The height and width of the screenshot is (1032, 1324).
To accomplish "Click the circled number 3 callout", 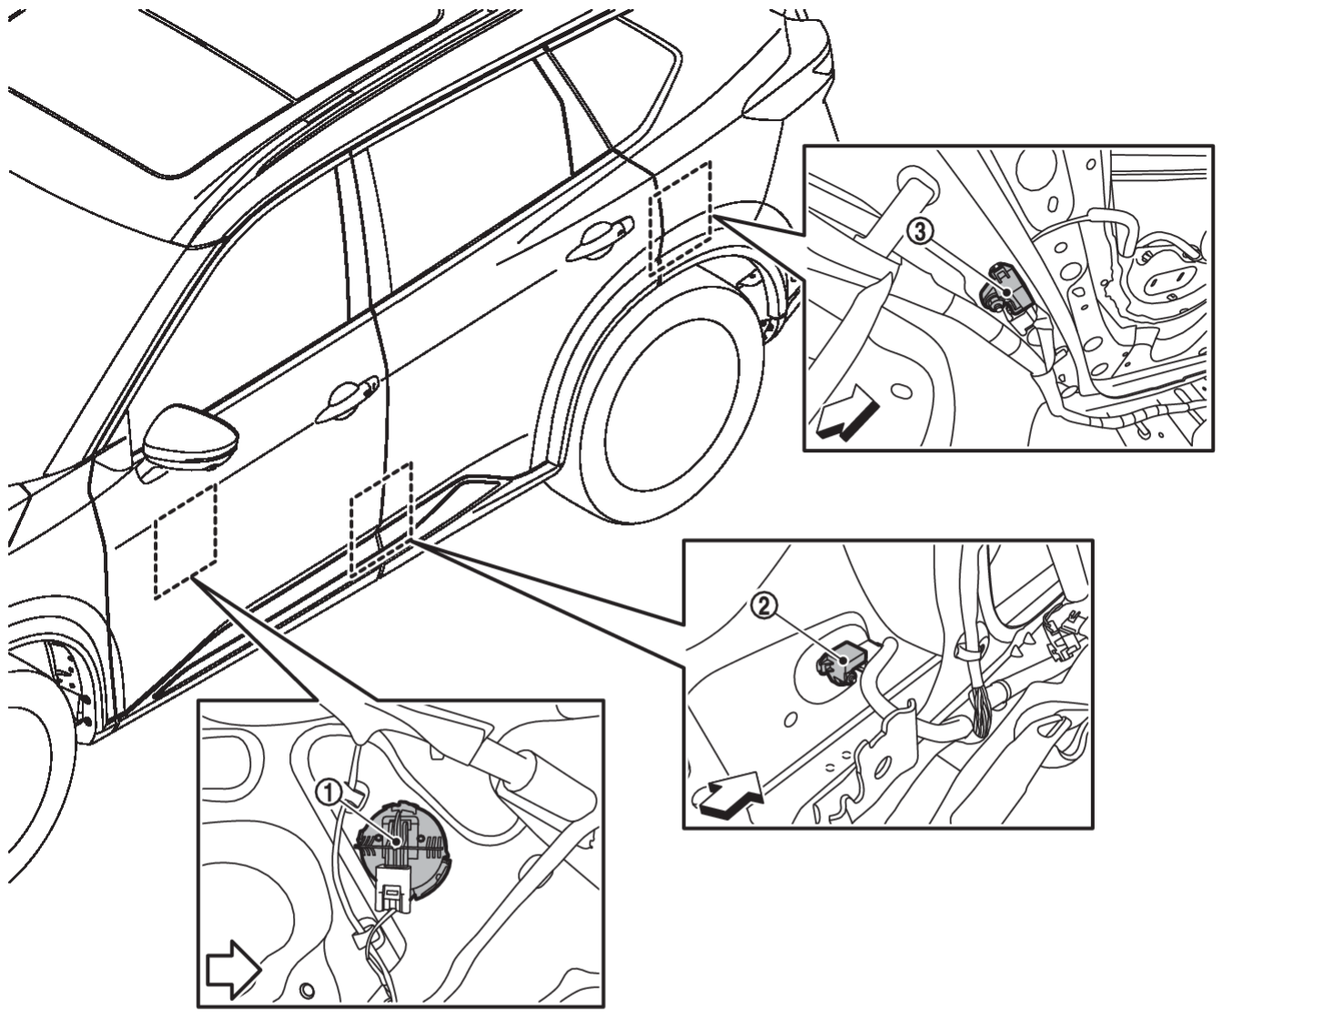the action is [919, 231].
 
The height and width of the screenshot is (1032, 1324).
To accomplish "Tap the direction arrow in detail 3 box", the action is [848, 412].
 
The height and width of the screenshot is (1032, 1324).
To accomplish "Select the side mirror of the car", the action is [190, 438].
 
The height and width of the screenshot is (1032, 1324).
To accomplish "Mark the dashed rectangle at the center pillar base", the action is [381, 520].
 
